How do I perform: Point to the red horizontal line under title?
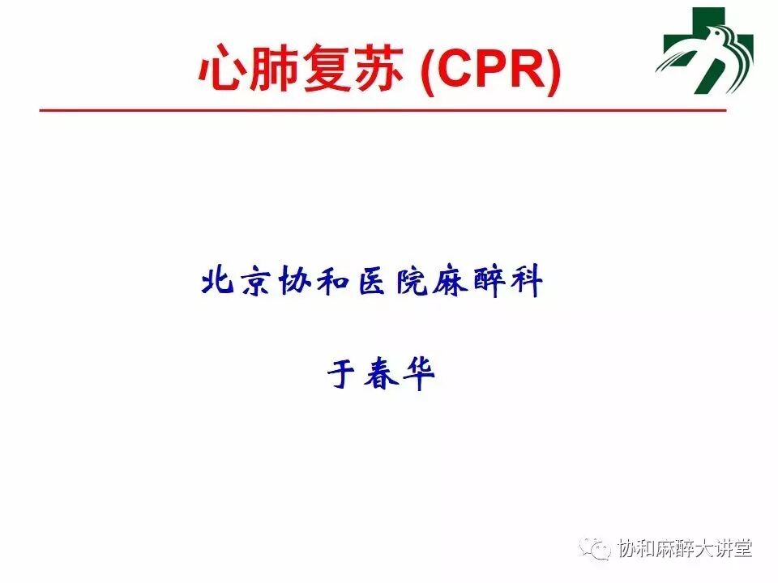pyautogui.click(x=383, y=110)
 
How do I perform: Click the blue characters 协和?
pyautogui.click(x=313, y=282)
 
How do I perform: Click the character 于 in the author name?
pyautogui.click(x=341, y=374)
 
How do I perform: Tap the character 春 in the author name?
pyautogui.click(x=381, y=373)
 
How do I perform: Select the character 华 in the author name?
pyautogui.click(x=419, y=374)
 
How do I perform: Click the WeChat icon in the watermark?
pyautogui.click(x=594, y=548)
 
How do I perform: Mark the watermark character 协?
pyautogui.click(x=626, y=548)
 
